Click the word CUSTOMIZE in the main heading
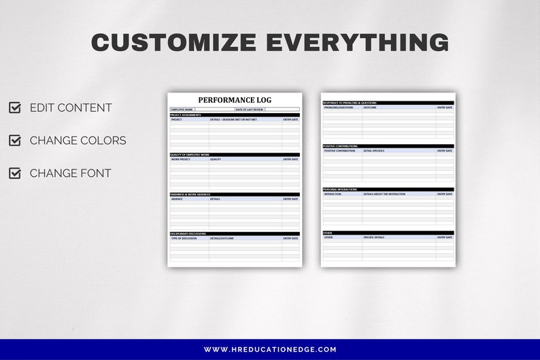(x=174, y=42)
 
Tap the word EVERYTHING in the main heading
(x=357, y=42)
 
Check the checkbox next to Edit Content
(x=14, y=108)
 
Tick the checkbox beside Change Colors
(x=14, y=140)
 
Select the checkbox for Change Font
(x=14, y=173)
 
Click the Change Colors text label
(x=78, y=140)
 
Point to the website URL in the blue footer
(x=270, y=349)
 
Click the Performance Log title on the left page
(x=235, y=100)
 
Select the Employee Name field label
(x=182, y=109)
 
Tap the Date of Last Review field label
(x=250, y=109)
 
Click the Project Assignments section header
(x=186, y=115)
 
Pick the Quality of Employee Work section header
(x=190, y=154)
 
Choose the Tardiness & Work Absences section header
(x=190, y=195)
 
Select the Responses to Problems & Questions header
(x=350, y=103)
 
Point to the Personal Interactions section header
(x=341, y=189)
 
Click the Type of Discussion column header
(x=184, y=238)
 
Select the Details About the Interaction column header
(x=384, y=194)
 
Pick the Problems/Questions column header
(x=339, y=108)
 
